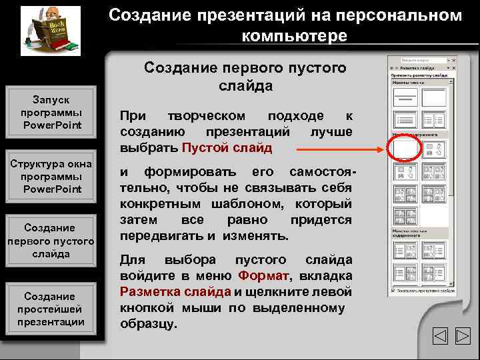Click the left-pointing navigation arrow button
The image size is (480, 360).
(x=441, y=337)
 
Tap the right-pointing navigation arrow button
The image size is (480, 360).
(x=463, y=337)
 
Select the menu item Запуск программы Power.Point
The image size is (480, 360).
(x=51, y=112)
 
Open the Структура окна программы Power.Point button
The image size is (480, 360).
(x=51, y=176)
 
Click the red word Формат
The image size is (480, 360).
(x=264, y=275)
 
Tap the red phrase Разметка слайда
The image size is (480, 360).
(x=175, y=291)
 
